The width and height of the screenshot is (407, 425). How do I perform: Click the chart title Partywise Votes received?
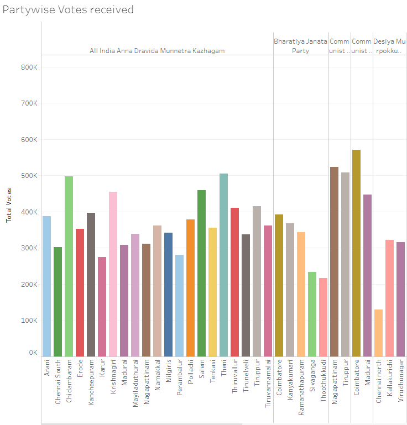68,10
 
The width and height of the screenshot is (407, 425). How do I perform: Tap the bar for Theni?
223,265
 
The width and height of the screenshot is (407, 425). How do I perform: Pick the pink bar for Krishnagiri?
113,274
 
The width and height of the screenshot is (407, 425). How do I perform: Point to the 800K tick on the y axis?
29,67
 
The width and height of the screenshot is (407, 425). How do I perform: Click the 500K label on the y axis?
29,176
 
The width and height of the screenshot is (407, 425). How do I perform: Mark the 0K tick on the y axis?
32,353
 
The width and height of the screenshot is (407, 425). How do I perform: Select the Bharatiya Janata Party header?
300,46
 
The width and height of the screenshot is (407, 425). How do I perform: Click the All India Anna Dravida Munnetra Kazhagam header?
157,51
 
